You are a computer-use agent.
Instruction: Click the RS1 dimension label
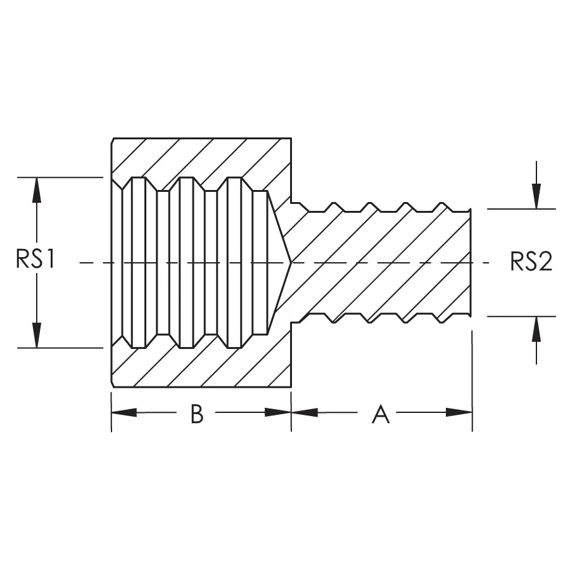click(37, 261)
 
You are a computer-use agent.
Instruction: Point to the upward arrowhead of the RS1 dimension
click(37, 189)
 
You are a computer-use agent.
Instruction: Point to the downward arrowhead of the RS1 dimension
click(37, 336)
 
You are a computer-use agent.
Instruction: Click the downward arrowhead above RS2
click(536, 196)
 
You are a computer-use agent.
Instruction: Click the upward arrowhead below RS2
click(536, 329)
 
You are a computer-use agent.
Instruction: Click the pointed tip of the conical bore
click(291, 262)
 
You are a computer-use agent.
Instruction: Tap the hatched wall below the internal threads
click(203, 367)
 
